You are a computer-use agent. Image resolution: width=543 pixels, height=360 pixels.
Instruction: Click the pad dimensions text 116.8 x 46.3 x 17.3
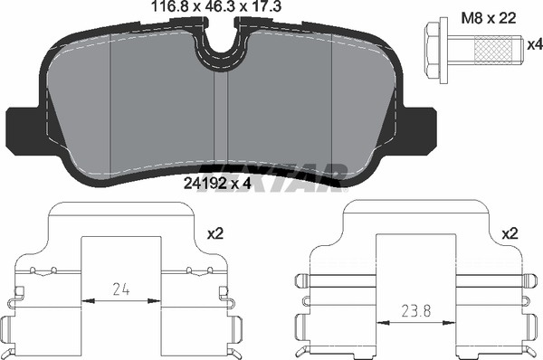click(216, 7)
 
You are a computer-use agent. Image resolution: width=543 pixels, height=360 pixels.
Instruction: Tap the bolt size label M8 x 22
click(489, 18)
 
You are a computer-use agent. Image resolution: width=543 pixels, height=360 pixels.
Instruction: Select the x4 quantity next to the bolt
click(534, 44)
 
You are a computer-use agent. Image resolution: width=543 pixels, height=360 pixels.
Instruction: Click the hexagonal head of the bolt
click(433, 49)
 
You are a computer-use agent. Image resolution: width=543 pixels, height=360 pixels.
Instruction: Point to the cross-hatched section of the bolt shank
click(492, 51)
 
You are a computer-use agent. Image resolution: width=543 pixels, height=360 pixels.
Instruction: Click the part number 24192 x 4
click(217, 184)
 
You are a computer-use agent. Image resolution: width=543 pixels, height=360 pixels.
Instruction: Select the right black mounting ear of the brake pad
click(418, 131)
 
